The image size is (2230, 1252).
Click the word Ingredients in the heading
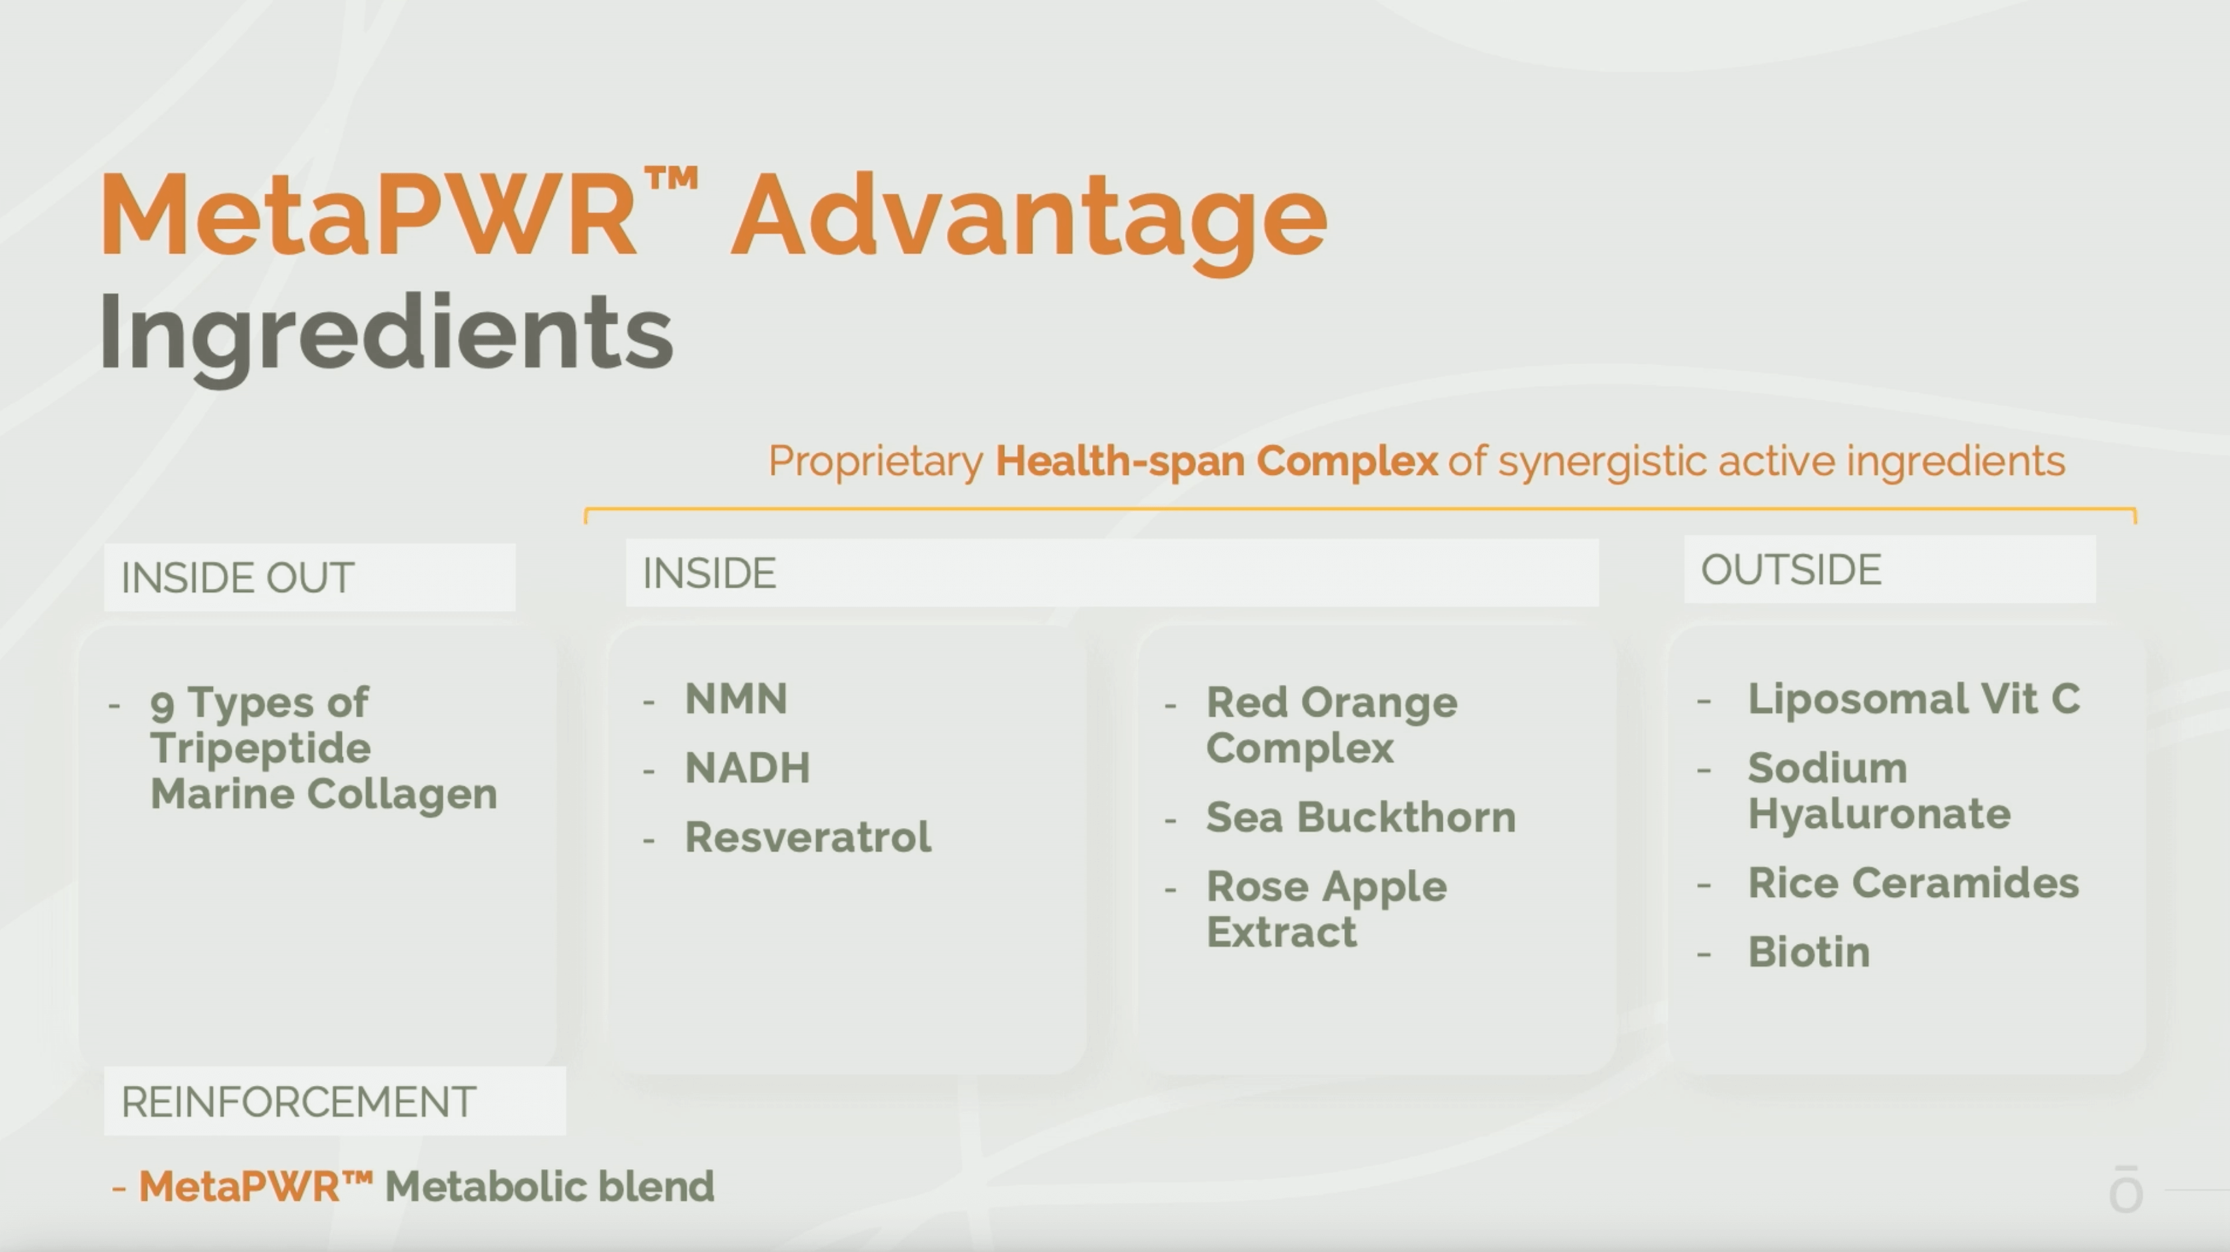(386, 337)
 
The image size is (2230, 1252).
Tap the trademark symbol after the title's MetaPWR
(671, 180)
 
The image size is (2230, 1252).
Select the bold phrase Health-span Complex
(1217, 461)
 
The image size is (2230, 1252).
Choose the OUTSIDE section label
(1791, 571)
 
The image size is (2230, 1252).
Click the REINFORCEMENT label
(299, 1102)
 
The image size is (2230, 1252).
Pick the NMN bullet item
(736, 700)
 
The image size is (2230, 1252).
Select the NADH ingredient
(748, 768)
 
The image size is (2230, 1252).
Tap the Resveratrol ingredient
(808, 837)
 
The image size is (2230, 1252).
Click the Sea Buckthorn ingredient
(1361, 818)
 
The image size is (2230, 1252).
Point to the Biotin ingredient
(1809, 952)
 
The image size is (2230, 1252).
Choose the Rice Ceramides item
(1913, 883)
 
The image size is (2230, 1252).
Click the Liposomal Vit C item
(1913, 700)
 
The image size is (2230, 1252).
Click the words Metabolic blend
(550, 1187)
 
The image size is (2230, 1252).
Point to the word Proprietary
(876, 461)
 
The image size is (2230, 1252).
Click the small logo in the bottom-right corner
(2126, 1189)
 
